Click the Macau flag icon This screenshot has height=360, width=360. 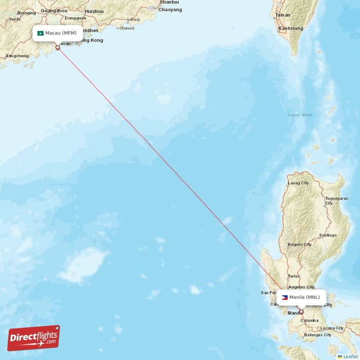pyautogui.click(x=40, y=33)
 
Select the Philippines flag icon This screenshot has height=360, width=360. pyautogui.click(x=284, y=297)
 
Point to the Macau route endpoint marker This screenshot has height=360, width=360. pyautogui.click(x=57, y=47)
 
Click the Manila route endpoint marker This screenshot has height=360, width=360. pyautogui.click(x=301, y=312)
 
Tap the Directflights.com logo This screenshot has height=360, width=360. pyautogui.click(x=34, y=338)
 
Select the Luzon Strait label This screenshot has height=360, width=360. pyautogui.click(x=300, y=115)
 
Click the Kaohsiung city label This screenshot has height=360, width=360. pyautogui.click(x=291, y=28)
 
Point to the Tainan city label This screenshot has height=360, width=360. pyautogui.click(x=283, y=15)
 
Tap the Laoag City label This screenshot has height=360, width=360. pyautogui.click(x=298, y=183)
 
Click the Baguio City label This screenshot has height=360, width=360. pyautogui.click(x=300, y=244)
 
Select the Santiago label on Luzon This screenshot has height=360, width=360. pyautogui.click(x=328, y=235)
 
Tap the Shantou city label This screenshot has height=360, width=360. pyautogui.click(x=169, y=2)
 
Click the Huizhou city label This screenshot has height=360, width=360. pyautogui.click(x=94, y=11)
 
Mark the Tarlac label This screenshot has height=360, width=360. pyautogui.click(x=294, y=276)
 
